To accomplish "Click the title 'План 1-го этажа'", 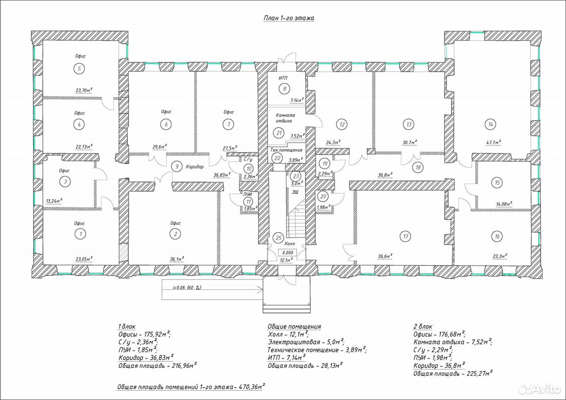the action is click(x=289, y=18).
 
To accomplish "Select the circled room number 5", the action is click(x=79, y=69).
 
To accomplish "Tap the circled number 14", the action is click(x=490, y=124).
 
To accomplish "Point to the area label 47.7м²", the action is click(x=493, y=142).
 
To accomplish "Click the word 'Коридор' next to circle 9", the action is click(x=195, y=167).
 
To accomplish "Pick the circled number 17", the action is click(x=405, y=236).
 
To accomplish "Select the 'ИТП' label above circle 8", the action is click(x=283, y=78).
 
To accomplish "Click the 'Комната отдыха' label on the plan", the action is click(x=285, y=118).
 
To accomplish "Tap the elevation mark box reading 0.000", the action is click(x=287, y=252).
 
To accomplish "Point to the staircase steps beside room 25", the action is click(x=296, y=219).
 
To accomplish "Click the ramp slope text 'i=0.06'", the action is click(x=179, y=288).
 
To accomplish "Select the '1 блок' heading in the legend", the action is click(x=127, y=327).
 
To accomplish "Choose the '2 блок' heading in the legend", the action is click(x=423, y=327).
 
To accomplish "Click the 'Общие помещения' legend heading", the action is click(x=294, y=327).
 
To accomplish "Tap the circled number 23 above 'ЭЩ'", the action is click(x=296, y=176).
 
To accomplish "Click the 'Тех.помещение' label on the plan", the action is click(x=286, y=150).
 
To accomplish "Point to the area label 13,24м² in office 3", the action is click(x=54, y=201).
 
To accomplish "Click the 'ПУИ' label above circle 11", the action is click(x=247, y=194).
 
